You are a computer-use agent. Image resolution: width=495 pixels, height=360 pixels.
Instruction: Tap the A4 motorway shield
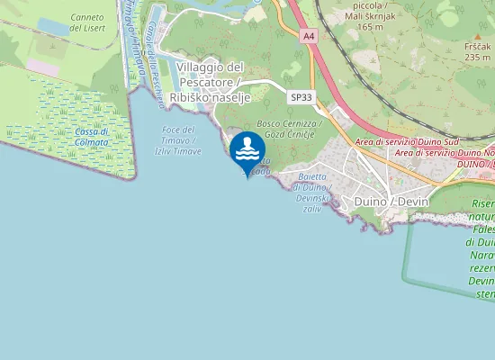pos(310,35)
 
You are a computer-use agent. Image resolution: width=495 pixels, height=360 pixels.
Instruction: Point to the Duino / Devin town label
pos(391,201)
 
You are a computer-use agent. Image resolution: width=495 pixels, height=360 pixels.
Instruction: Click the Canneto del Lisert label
pos(86,23)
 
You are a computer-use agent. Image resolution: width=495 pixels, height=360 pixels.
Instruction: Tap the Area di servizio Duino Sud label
pos(408,143)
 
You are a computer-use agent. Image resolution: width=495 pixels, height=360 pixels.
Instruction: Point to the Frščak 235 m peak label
pos(477,50)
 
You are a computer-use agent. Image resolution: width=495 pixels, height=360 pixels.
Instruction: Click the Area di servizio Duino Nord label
pos(445,154)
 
